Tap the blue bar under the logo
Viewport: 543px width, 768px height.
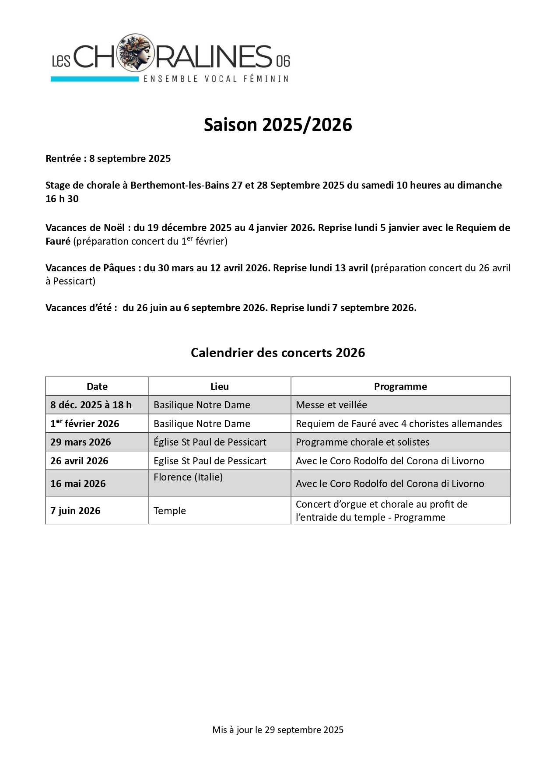tap(94, 79)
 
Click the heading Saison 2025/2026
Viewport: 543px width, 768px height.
tap(278, 125)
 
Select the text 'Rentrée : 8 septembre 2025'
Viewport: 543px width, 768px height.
tap(108, 158)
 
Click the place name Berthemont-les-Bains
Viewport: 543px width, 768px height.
tap(179, 185)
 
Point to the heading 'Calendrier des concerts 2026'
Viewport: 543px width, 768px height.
tap(278, 353)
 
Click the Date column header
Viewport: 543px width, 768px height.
tap(97, 386)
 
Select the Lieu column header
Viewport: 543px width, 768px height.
tap(220, 386)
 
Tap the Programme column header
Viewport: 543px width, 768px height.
tap(400, 386)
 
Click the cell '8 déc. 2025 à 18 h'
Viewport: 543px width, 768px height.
tap(91, 405)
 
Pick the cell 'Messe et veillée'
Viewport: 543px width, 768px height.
tap(331, 405)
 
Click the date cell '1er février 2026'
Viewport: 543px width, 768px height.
tap(85, 424)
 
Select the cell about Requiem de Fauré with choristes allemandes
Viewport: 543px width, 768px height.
tap(399, 424)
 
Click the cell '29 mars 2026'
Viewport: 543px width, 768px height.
tap(81, 442)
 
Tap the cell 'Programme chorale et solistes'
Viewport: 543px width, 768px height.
tap(362, 442)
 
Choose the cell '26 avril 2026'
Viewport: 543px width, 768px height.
tap(79, 461)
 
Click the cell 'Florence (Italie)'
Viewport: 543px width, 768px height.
tap(188, 477)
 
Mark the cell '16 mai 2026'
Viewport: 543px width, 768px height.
tap(78, 484)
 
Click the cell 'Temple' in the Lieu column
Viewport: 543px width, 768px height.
tap(170, 511)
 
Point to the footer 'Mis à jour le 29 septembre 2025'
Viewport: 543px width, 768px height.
tap(278, 729)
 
